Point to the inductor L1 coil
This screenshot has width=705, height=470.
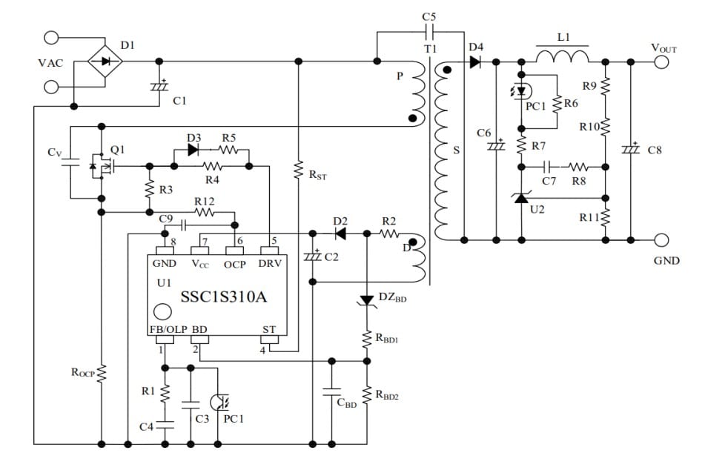562,56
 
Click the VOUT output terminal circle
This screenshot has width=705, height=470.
662,62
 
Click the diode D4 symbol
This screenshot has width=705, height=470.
474,62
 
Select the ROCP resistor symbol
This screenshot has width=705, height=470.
101,373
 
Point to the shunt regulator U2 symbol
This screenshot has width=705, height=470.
523,197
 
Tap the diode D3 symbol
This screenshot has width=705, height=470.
194,150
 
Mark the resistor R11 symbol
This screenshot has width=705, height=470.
606,217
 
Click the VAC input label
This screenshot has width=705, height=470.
50,63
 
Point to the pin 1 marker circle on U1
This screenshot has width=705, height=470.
159,311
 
